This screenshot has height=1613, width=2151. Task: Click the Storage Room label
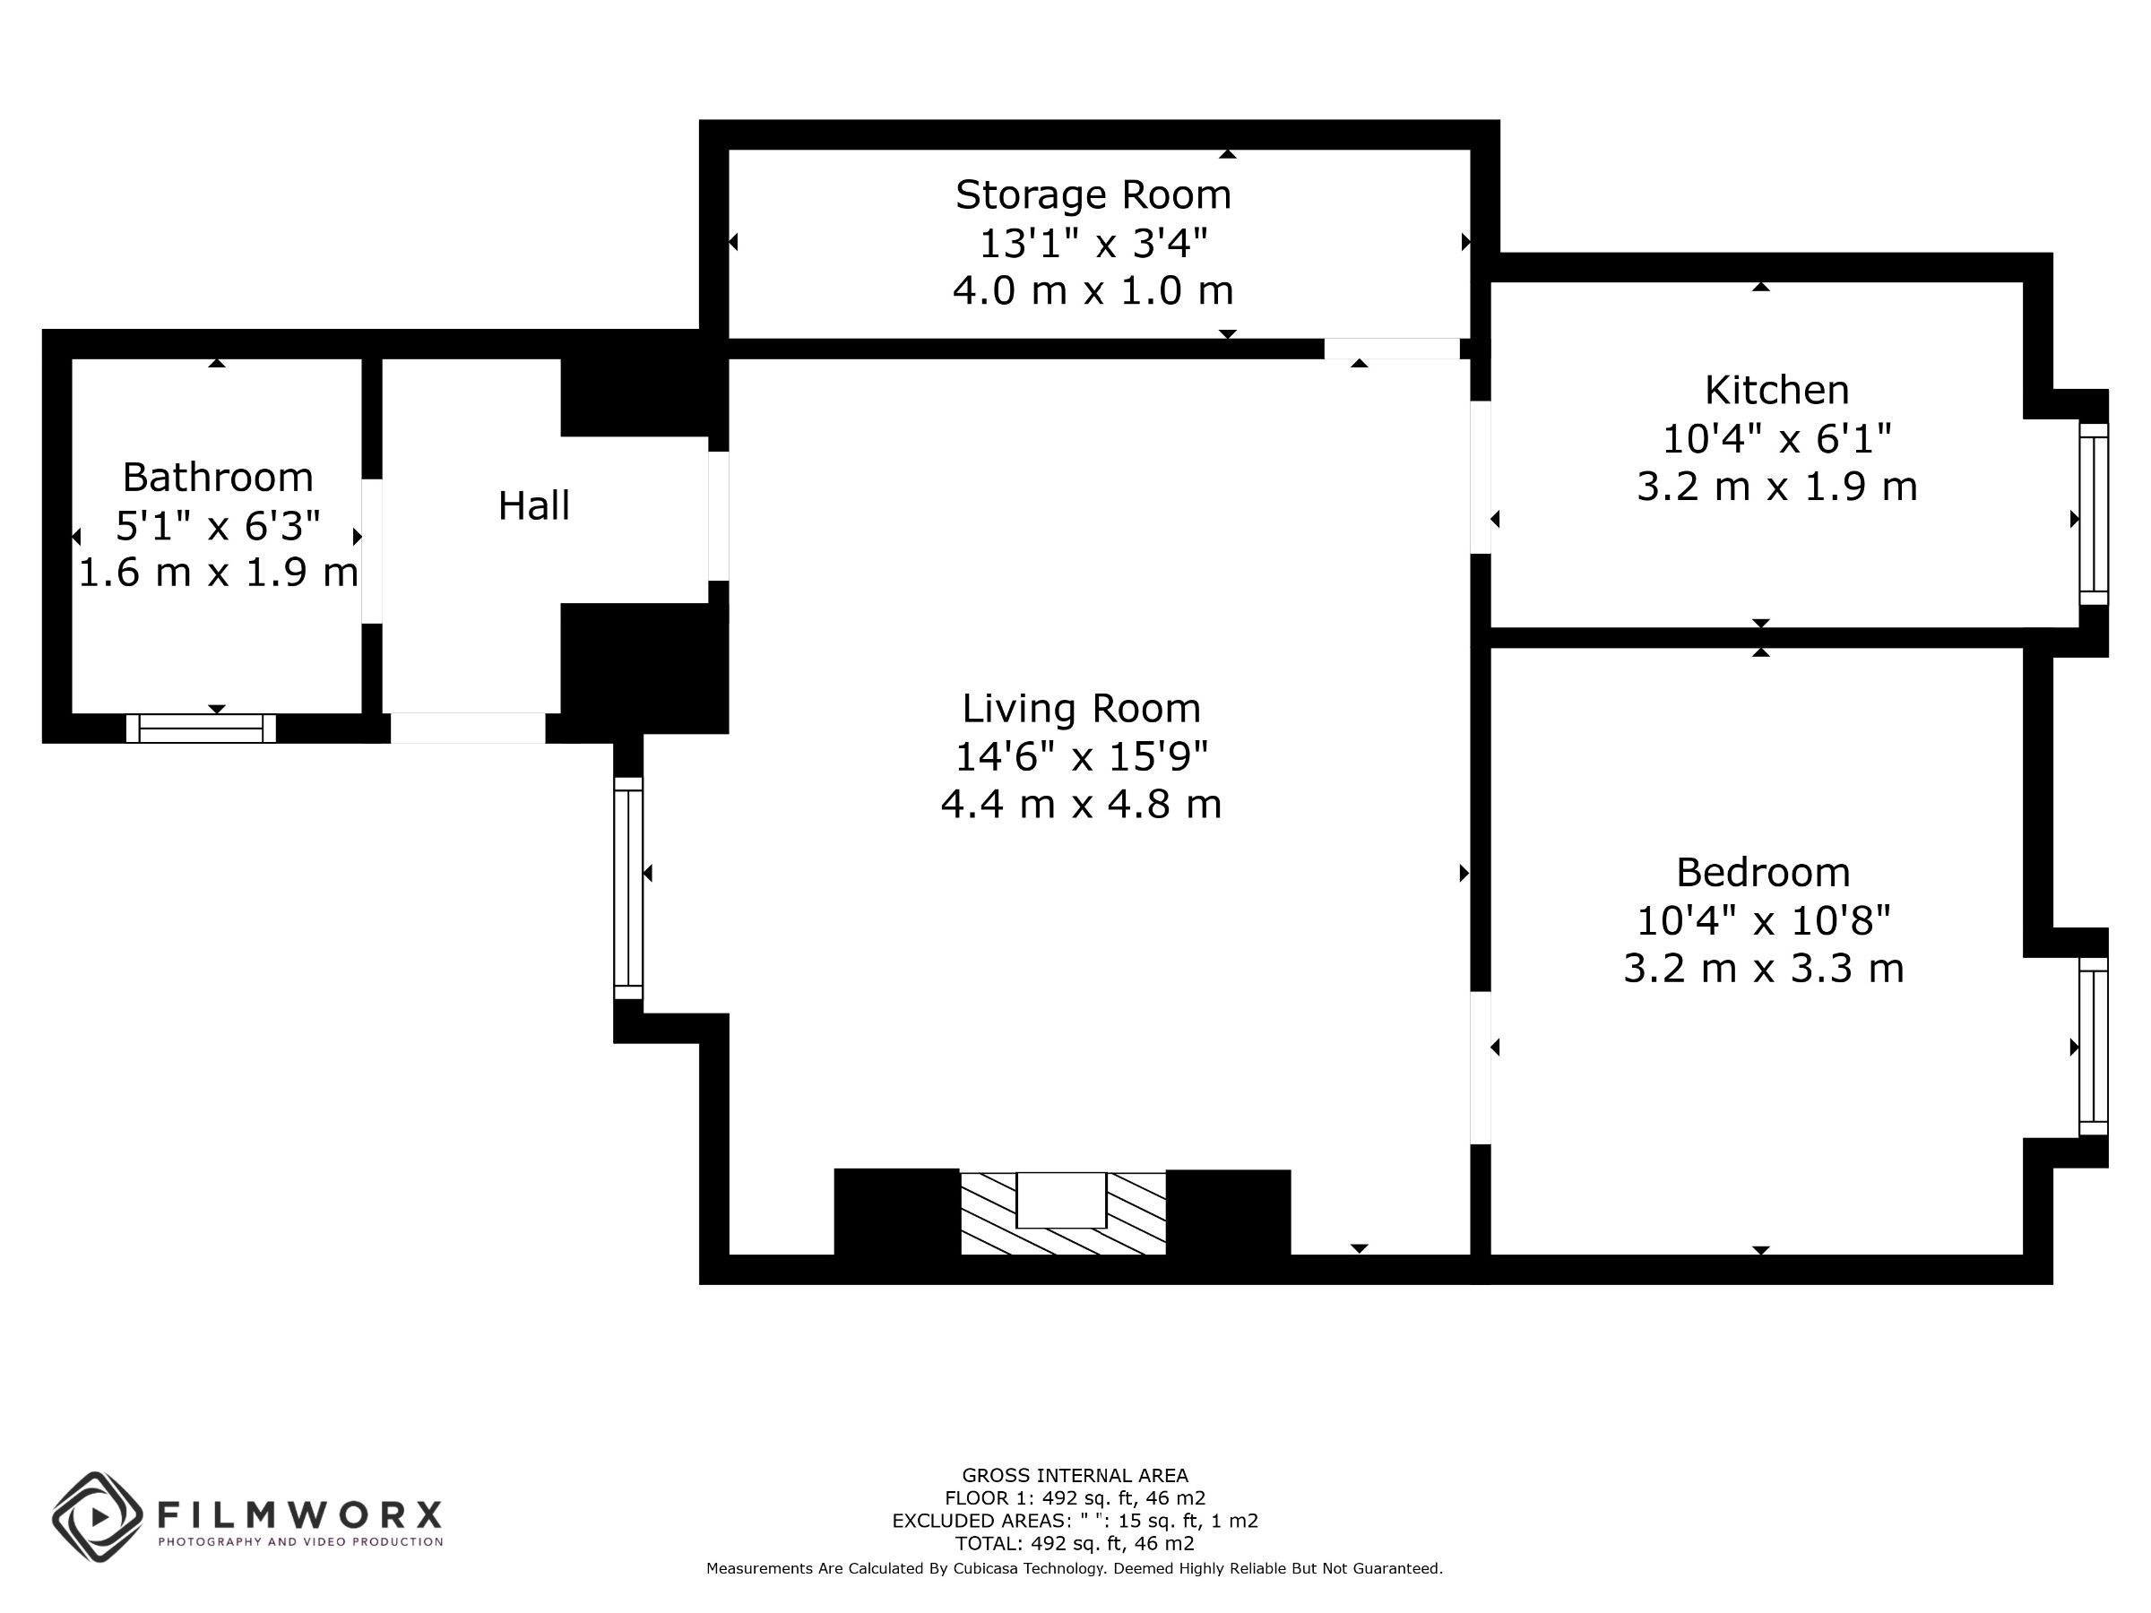pos(1093,195)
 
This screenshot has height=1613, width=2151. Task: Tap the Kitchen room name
pos(1776,391)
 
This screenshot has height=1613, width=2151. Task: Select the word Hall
pos(534,505)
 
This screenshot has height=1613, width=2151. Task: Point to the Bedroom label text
pos(1763,872)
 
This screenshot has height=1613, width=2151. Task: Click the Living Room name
pos(1082,709)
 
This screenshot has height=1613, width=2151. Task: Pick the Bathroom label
pos(218,478)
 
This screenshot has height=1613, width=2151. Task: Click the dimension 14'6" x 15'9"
pos(1082,756)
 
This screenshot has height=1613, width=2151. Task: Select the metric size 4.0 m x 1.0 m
pos(1093,290)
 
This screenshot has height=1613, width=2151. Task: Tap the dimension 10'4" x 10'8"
pos(1763,919)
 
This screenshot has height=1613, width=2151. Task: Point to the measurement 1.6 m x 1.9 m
pos(218,573)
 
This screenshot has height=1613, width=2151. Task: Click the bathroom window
pos(202,729)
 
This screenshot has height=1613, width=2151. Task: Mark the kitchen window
pos(2094,513)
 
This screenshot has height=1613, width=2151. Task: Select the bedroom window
pos(2094,1046)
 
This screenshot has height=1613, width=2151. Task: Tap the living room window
pos(628,888)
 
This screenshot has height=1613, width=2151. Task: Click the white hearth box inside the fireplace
pos(1061,1200)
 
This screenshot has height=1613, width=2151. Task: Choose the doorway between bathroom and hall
pos(371,551)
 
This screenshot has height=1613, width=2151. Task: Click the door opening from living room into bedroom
pos(1480,1067)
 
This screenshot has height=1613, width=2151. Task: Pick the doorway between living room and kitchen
pos(1480,478)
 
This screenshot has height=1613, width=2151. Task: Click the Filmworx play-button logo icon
pos(97,1517)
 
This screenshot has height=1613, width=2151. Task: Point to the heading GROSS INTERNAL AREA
pos(1075,1476)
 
